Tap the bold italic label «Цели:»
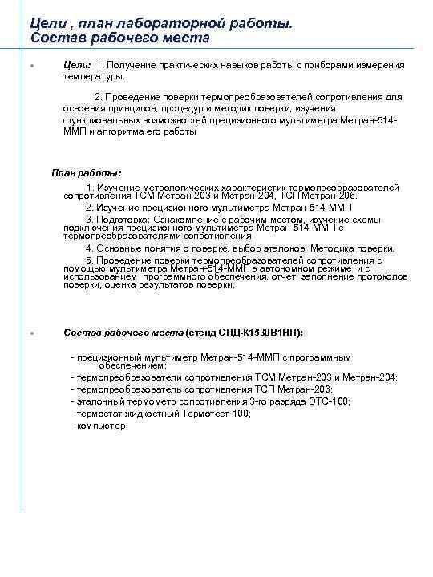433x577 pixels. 77,65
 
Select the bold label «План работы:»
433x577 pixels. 87,172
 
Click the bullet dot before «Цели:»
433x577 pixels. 30,66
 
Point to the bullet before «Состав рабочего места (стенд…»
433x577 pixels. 30,333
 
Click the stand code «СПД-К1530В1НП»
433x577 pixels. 261,332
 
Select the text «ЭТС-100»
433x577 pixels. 330,401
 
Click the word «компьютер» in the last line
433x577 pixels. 102,426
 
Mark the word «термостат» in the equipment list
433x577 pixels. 99,414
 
